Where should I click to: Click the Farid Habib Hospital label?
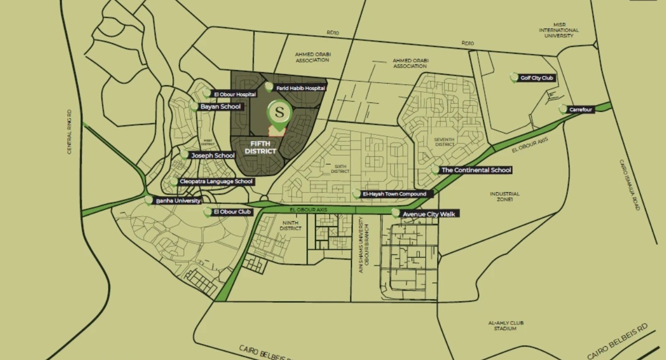pos(300,88)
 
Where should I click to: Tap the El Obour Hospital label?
pos(235,94)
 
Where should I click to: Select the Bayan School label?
pos(220,107)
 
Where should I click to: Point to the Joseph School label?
pos(213,156)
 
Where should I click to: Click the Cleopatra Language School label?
pos(216,182)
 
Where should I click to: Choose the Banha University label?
pos(178,201)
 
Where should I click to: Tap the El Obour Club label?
pos(232,212)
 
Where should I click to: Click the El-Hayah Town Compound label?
pos(394,194)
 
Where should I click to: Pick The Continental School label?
pos(476,170)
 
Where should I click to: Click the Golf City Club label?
pos(537,78)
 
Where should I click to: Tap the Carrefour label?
pos(581,110)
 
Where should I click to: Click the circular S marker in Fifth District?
pos(279,113)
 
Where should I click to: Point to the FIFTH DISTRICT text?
pos(260,148)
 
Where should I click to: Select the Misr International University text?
pos(559,30)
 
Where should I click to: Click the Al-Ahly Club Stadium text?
pos(505,326)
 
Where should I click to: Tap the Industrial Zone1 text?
pos(504,197)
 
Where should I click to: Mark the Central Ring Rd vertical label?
pos(69,132)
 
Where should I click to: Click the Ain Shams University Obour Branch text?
pos(364,245)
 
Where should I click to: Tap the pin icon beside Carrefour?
pos(562,109)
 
